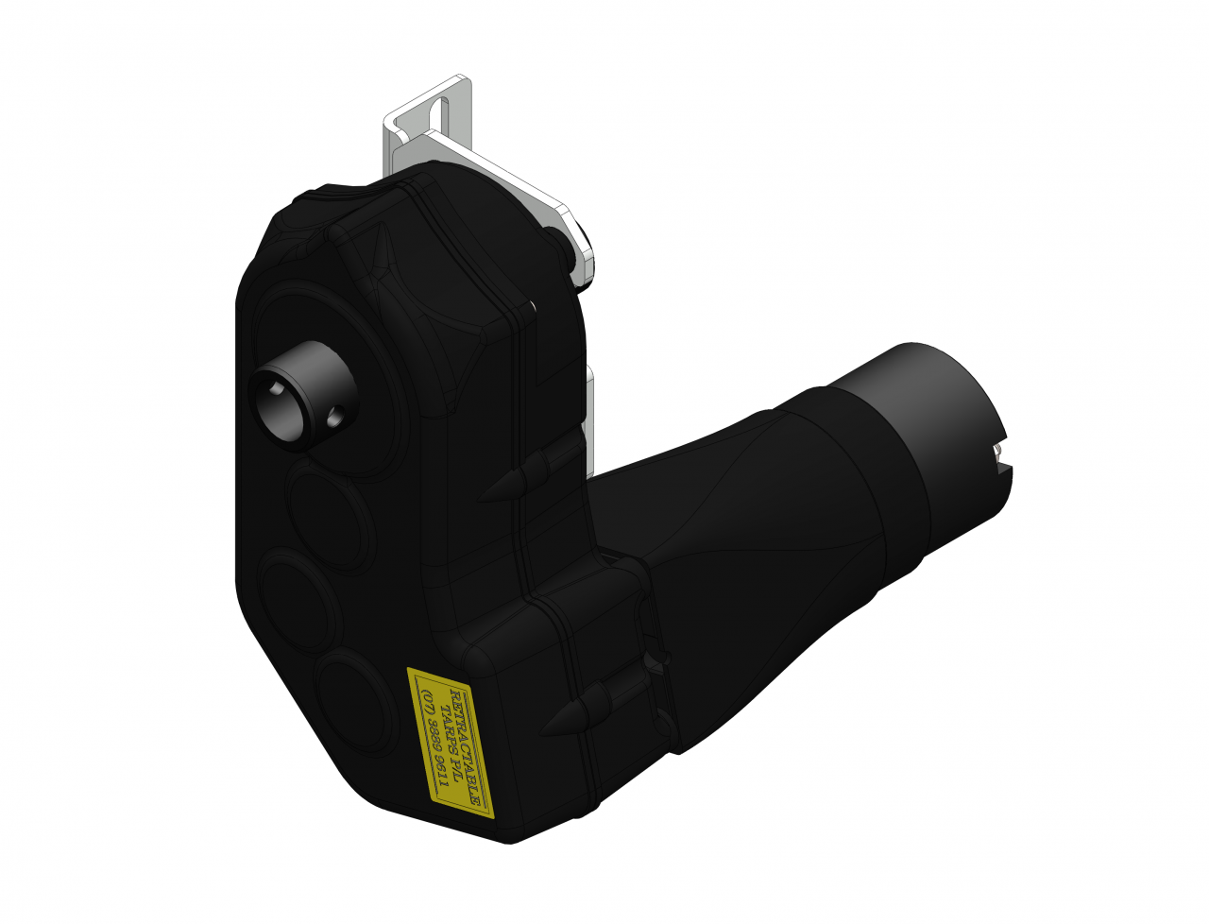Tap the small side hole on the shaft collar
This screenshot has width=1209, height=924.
[335, 415]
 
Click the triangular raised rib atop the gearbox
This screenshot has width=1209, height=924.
[384, 253]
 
